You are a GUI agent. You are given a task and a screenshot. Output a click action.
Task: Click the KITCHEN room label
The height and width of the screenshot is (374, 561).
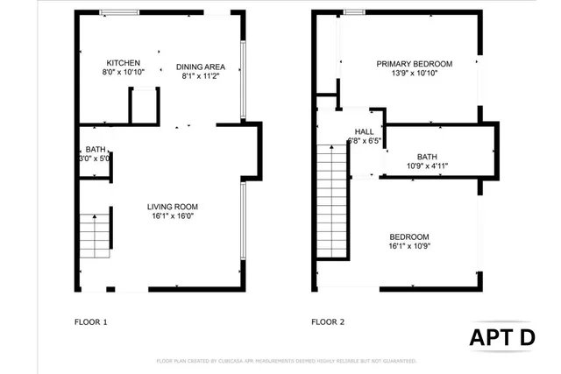[x=124, y=63]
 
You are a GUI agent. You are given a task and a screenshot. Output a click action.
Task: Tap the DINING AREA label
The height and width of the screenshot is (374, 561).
[x=201, y=67]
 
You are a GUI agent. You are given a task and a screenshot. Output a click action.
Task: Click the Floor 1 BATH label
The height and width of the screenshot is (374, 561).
[x=95, y=149]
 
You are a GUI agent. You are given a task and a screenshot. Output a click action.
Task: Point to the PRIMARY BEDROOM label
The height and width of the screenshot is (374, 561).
[x=414, y=64]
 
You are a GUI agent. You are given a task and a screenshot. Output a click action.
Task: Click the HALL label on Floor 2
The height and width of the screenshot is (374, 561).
[x=364, y=131]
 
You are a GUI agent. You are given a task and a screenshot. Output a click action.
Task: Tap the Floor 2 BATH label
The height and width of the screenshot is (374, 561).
[x=427, y=156]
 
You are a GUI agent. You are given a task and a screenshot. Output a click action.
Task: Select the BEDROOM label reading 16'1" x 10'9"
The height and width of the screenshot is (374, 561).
[x=408, y=236]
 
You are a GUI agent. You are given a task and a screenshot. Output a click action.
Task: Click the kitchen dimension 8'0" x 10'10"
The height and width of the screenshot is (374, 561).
[x=124, y=74]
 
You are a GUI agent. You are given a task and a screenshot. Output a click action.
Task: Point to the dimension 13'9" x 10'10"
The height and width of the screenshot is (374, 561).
[x=414, y=74]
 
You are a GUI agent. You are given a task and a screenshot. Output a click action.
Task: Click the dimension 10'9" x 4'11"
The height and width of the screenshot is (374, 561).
[x=427, y=166]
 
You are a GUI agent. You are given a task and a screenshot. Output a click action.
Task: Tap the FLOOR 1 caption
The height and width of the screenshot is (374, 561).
[x=90, y=322]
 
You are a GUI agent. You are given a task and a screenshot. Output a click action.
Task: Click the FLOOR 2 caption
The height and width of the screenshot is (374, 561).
[x=328, y=322]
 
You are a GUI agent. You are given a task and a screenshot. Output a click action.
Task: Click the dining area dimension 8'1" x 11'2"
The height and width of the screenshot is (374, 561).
[x=201, y=76]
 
